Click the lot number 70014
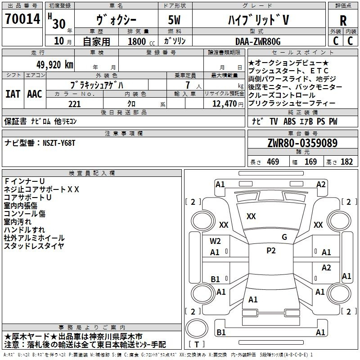point(22,18)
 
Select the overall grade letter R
point(343,21)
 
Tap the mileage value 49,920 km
point(54,65)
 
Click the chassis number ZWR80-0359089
point(302,143)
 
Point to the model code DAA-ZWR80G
point(258,41)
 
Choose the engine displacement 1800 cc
point(141,41)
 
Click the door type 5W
point(174,20)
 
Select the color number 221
point(74,104)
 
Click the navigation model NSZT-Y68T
point(59,143)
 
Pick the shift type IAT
point(13,94)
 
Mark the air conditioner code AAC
point(35,94)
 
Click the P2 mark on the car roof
point(271,251)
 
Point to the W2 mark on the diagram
point(215,241)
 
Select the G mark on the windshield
point(284,237)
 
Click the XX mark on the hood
point(251,216)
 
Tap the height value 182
point(346,162)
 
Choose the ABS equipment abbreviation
point(289,121)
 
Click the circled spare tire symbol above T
point(197,328)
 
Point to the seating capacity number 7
point(188,85)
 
